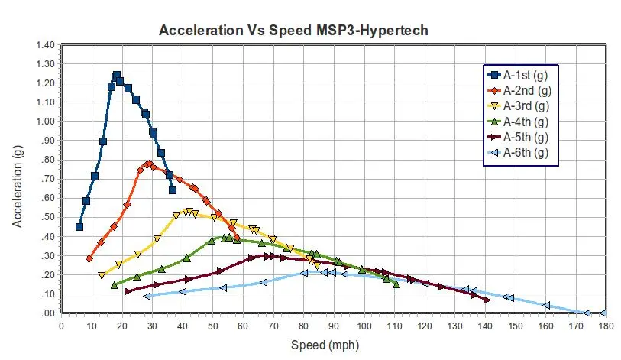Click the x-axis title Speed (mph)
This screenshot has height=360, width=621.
[321, 345]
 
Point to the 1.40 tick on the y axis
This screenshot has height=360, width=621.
[45, 44]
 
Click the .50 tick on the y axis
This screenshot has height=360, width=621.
[48, 217]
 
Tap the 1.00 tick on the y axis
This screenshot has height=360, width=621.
[45, 121]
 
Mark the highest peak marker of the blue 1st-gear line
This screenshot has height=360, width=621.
[117, 76]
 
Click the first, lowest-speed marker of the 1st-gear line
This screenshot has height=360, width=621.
[79, 226]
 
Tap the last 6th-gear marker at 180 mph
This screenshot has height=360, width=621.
[603, 313]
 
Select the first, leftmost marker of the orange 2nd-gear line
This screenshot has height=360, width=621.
[89, 258]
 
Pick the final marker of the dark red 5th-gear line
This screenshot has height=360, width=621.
[487, 300]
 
